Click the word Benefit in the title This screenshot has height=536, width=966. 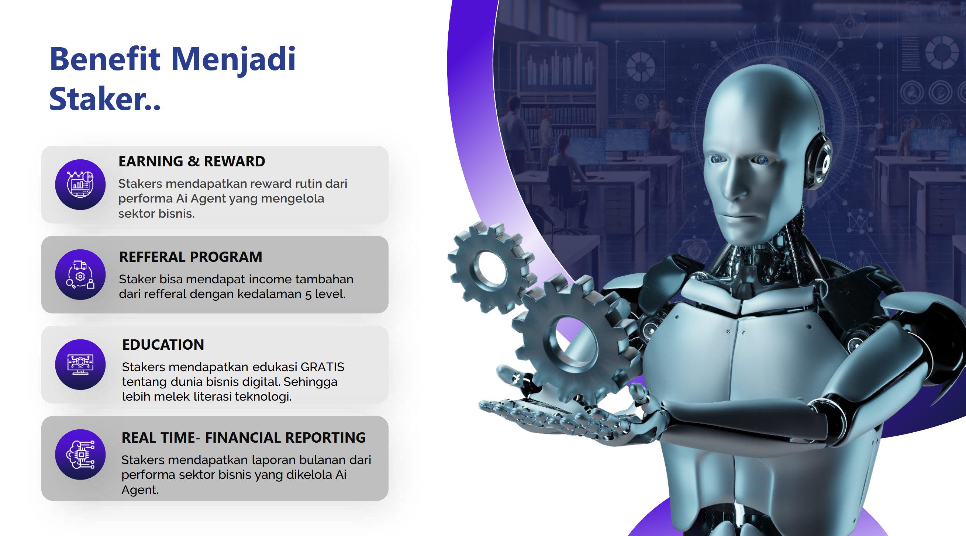(x=106, y=59)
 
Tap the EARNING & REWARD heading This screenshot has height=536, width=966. (x=192, y=161)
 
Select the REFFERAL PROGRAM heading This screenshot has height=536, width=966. (x=190, y=257)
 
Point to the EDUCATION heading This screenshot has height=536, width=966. (x=163, y=345)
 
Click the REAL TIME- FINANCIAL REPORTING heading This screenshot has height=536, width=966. (x=244, y=438)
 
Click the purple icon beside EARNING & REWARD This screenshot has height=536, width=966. (x=80, y=184)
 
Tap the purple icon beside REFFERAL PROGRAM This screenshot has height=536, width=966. (x=80, y=274)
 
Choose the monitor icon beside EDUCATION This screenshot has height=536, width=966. (x=80, y=364)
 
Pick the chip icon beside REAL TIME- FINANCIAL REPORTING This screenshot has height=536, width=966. (x=80, y=454)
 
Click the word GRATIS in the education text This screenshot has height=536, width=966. (x=322, y=367)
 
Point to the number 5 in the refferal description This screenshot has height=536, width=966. (x=308, y=295)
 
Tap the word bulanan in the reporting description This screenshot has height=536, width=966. (x=323, y=460)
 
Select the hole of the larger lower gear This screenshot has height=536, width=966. (x=573, y=342)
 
